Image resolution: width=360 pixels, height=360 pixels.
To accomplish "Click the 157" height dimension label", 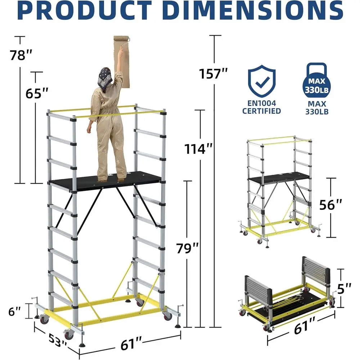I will (x=214, y=74).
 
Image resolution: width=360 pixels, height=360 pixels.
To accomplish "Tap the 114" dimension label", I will (x=197, y=148).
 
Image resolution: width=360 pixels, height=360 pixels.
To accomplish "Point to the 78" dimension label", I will (x=21, y=56).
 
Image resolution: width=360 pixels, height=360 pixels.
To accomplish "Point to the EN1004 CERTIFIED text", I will (x=261, y=107).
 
